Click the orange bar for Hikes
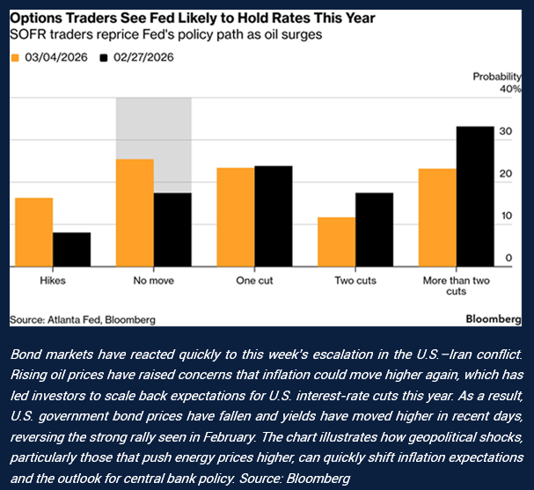(x=33, y=232)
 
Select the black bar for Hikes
(x=72, y=249)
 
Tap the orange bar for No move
(x=135, y=213)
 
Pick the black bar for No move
(x=173, y=230)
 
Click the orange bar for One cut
(x=236, y=217)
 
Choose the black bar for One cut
(x=274, y=216)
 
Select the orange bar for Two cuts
(x=336, y=242)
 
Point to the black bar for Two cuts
(x=374, y=230)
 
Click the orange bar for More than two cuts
(x=437, y=217)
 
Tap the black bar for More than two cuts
(x=475, y=196)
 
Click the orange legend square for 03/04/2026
(x=14, y=57)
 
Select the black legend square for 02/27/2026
(x=104, y=57)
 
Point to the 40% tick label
(x=511, y=89)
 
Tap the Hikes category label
(x=53, y=281)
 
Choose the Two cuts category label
(x=355, y=281)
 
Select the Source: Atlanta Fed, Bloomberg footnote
(x=83, y=318)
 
